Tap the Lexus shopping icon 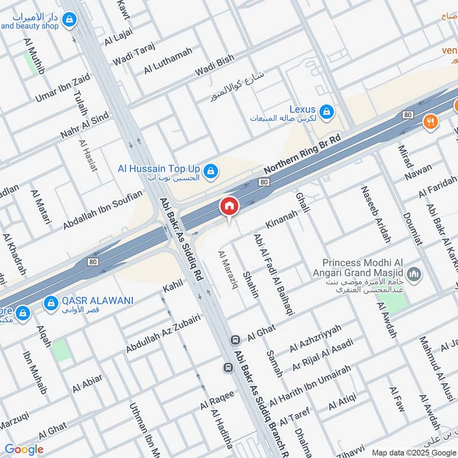tap(326, 111)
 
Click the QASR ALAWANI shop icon tap(52, 302)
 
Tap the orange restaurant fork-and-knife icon tap(431, 122)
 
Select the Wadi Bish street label tap(215, 66)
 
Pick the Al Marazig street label tap(227, 270)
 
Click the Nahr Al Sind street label tap(84, 127)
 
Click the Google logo tap(24, 449)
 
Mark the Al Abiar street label tap(87, 384)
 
